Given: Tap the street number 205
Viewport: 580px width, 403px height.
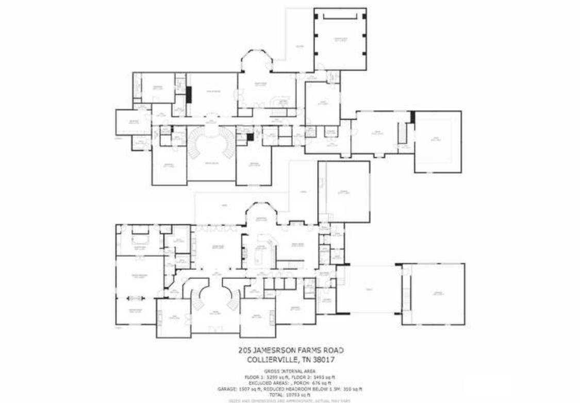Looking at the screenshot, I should pyautogui.click(x=245, y=350).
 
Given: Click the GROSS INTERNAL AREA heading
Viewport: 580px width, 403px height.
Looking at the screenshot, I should pyautogui.click(x=289, y=371).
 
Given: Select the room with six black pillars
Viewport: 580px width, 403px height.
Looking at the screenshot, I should pyautogui.click(x=340, y=39).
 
